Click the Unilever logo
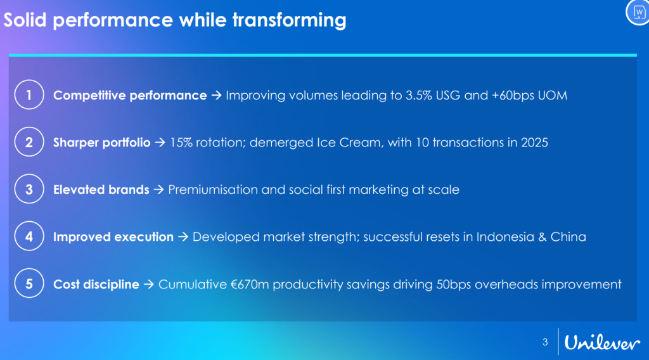602,343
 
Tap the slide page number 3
545,342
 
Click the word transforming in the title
289,20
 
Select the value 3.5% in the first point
419,95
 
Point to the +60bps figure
513,96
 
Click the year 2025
534,143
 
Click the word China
568,236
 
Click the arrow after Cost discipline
148,285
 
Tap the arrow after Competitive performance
216,95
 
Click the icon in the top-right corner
639,13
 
